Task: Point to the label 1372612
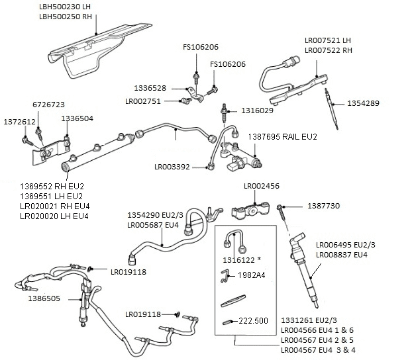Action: coord(19,122)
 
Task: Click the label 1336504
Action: coord(77,118)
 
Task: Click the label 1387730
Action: coord(324,206)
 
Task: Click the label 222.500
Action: coord(252,320)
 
